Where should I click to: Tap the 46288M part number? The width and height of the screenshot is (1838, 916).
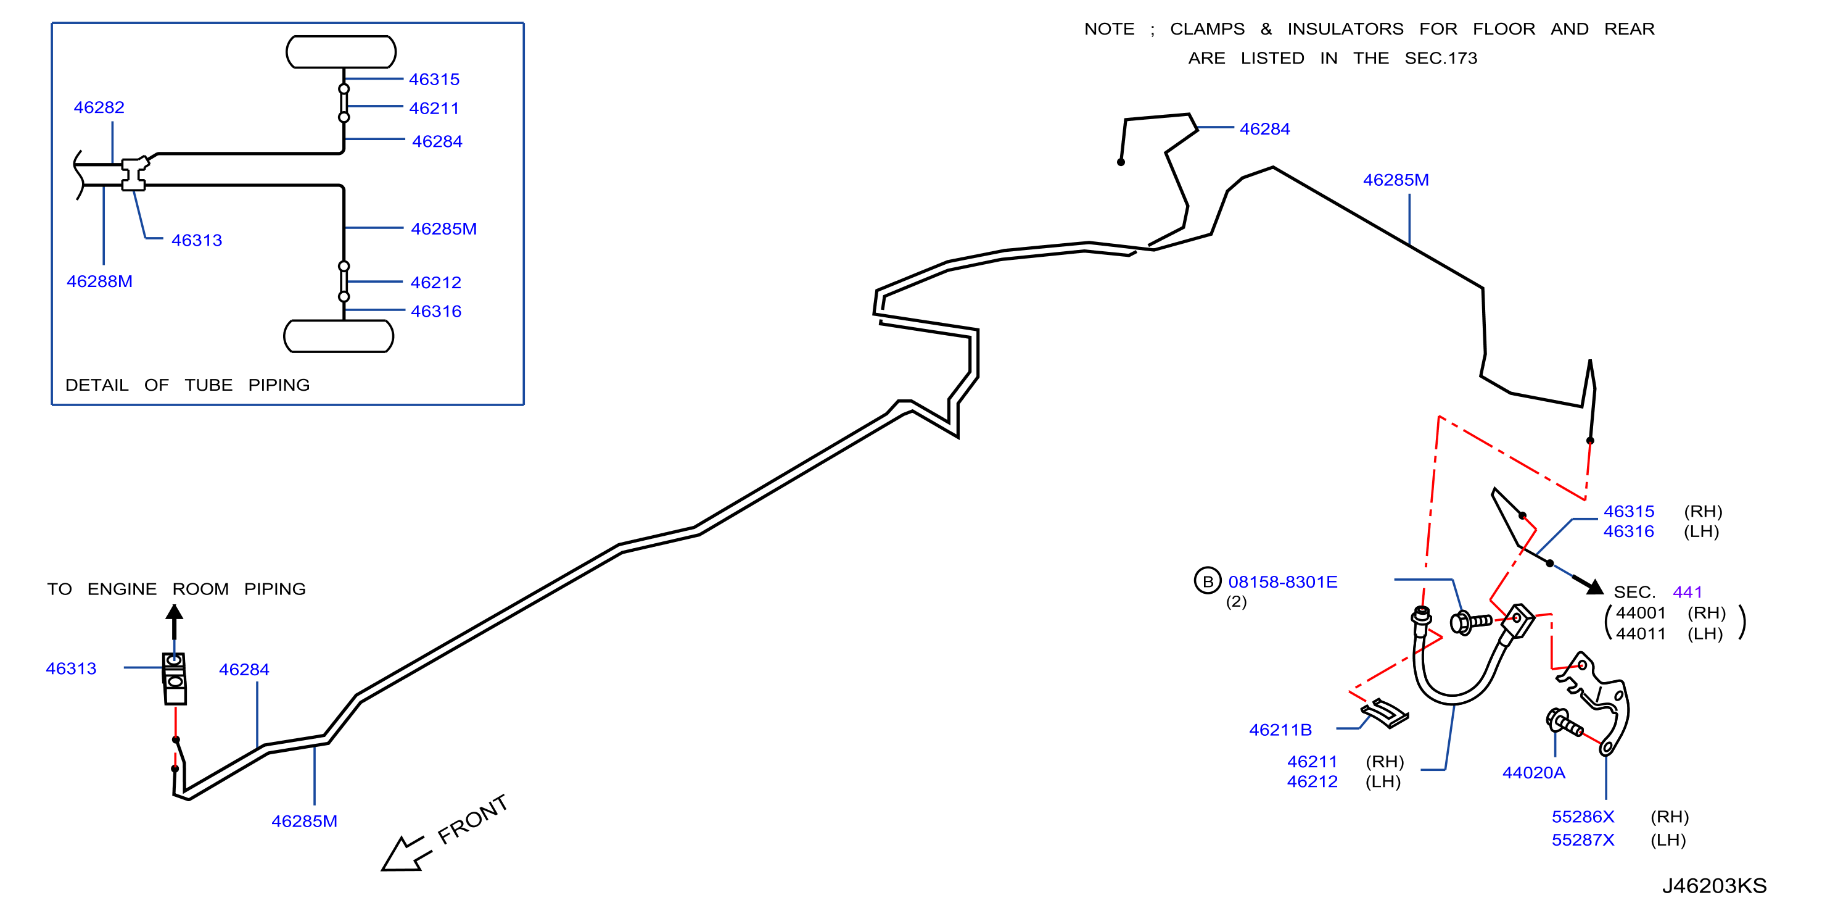100,281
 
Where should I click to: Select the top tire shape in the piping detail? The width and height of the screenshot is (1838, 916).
341,51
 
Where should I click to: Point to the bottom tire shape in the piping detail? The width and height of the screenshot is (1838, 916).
339,336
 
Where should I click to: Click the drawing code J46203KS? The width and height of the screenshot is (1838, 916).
1715,885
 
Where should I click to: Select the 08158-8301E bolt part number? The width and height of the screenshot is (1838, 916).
1283,582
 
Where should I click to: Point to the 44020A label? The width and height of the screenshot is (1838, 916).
1534,773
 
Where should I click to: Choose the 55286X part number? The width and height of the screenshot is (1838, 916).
1583,817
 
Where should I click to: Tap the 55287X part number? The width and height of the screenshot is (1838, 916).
1583,839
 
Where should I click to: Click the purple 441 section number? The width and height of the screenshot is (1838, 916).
1688,592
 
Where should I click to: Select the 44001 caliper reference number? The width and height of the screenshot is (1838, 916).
1641,612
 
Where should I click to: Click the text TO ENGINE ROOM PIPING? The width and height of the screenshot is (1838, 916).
176,589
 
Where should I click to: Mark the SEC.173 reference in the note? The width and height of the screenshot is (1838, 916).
1441,58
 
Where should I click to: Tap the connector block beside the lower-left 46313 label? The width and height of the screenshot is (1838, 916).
175,678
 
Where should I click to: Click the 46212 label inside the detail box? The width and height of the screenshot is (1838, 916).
436,282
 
